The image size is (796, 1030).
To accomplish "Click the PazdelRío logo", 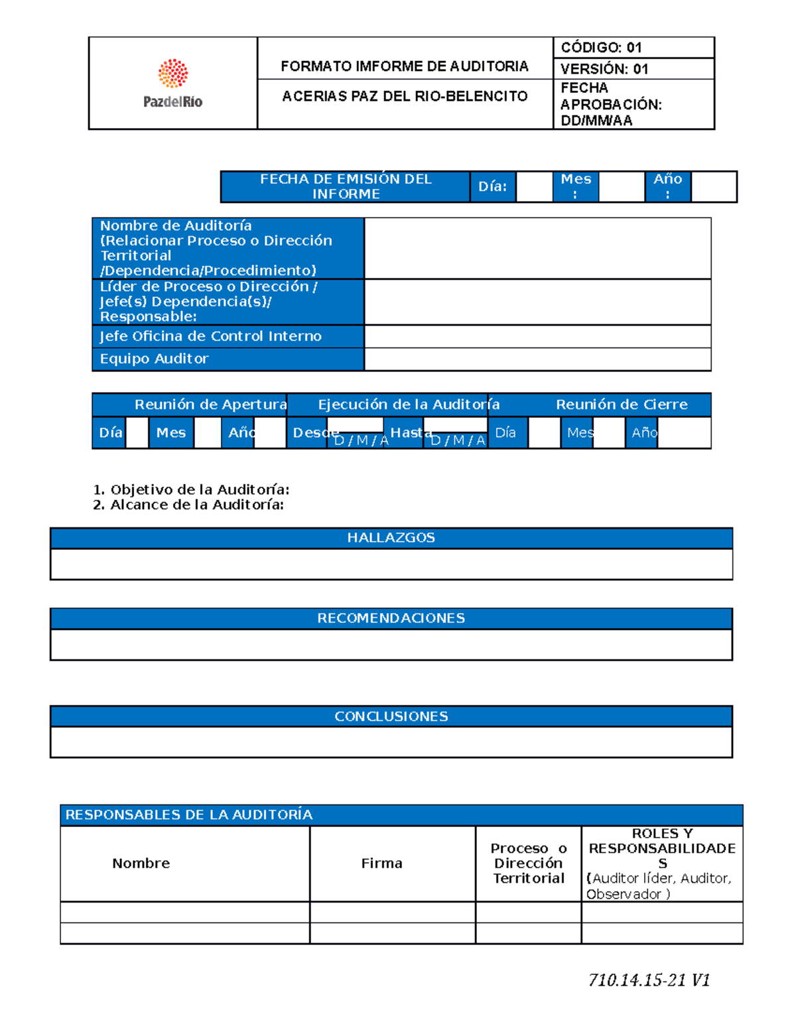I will coord(172,84).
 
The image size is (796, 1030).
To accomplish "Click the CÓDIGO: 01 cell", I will coord(601,48).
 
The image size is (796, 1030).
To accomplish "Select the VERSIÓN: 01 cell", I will coord(604,69).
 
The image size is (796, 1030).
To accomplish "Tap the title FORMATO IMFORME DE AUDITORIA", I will coord(405,66).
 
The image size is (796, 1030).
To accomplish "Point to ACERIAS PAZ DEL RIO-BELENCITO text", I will coord(405,96).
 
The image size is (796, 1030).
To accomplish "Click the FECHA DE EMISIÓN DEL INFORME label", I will coord(346,186).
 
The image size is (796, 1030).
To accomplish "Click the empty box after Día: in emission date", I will coord(534,186).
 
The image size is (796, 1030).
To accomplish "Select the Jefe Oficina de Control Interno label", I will coord(211,336).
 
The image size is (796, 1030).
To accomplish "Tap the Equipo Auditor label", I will coord(155,359).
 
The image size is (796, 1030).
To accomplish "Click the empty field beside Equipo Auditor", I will coord(537,359).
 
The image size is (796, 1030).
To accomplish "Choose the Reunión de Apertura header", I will coord(210,405).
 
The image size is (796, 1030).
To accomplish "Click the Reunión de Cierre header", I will coord(622,405).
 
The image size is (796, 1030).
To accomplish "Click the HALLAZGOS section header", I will coord(391,538).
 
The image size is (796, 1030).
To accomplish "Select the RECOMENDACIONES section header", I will coord(391,618).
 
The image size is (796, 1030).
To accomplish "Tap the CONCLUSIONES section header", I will coord(391,716).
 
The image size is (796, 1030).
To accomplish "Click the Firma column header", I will coord(382,864).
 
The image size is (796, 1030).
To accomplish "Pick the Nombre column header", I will coord(141,864).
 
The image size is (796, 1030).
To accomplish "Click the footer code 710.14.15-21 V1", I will coord(649,980).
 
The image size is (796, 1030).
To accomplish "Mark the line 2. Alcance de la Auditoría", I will coord(196,505).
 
